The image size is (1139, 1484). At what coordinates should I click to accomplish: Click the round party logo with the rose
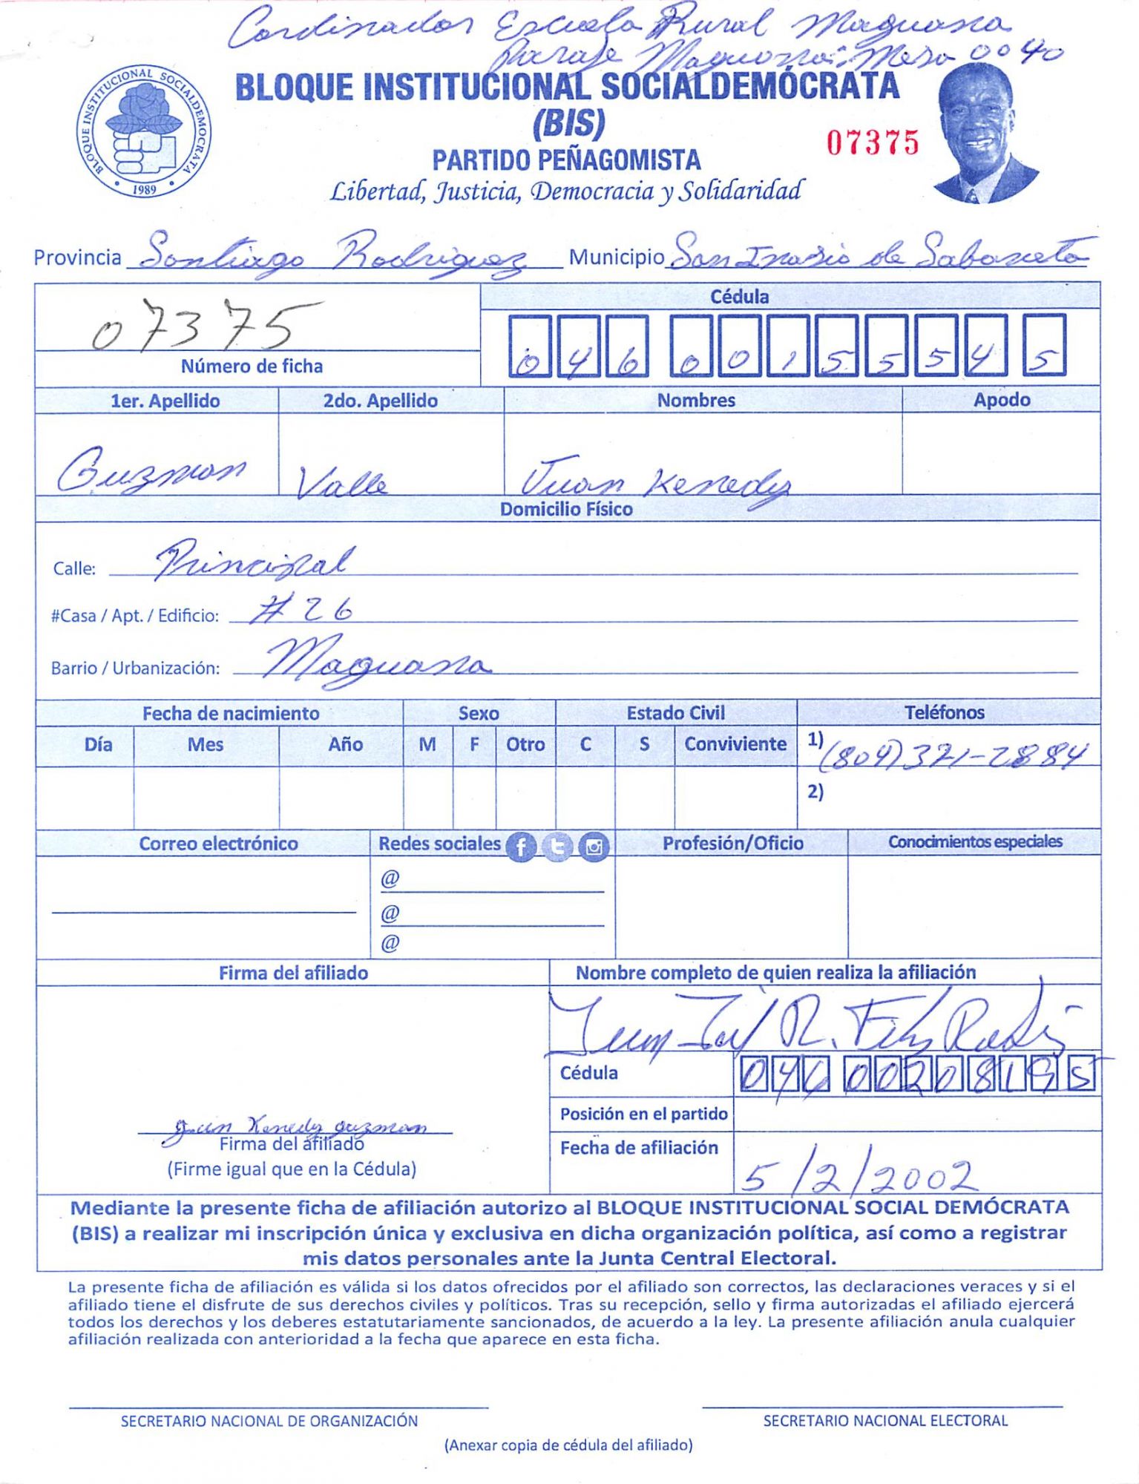click(x=144, y=131)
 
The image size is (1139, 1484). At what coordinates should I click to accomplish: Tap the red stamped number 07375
click(x=873, y=142)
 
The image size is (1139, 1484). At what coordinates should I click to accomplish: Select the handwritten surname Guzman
click(x=152, y=470)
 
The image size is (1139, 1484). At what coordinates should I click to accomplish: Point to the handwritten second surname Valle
click(x=341, y=483)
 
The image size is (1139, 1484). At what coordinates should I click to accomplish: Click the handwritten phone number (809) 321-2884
click(x=953, y=755)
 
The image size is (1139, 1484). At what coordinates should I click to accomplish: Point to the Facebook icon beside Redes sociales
click(x=521, y=847)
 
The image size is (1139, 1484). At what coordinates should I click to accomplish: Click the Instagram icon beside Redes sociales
click(x=594, y=847)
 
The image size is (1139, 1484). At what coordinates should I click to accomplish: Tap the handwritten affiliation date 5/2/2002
click(x=857, y=1175)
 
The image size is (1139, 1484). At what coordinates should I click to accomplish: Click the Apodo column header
click(x=1001, y=400)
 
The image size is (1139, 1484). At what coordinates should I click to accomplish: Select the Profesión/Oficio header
click(x=732, y=843)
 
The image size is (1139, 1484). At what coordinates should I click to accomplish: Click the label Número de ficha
click(x=252, y=366)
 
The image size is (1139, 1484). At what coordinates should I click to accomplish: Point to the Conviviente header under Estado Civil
click(x=735, y=743)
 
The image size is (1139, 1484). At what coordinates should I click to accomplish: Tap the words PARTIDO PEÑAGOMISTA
click(x=566, y=160)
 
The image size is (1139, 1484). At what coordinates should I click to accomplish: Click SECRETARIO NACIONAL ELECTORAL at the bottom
click(x=884, y=1420)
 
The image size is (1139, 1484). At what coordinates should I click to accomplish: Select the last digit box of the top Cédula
click(x=1044, y=345)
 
